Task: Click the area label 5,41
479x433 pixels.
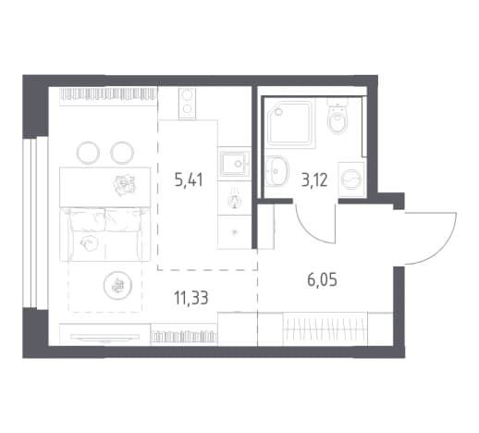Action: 189,180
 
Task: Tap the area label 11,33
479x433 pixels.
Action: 191,298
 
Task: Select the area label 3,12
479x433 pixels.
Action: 314,179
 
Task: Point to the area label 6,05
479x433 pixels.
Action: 322,279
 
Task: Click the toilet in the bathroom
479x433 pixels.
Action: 338,117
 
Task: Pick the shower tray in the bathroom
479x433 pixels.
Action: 291,122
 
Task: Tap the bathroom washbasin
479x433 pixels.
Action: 276,170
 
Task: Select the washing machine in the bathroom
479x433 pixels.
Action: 351,179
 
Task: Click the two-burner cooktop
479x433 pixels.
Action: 187,103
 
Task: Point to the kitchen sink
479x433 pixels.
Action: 234,164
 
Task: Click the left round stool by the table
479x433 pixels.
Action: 88,153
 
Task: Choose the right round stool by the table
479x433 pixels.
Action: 122,153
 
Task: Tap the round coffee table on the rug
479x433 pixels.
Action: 117,286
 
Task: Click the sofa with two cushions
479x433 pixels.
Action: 104,234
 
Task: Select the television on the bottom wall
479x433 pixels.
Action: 104,338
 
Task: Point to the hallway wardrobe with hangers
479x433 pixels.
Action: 325,329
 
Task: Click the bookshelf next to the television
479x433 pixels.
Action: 184,334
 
